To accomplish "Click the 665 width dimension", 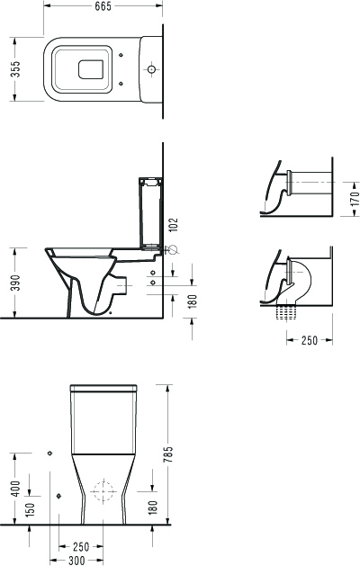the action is click(x=103, y=6).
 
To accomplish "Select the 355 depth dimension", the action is click(x=15, y=69).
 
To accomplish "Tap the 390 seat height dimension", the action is click(x=15, y=283).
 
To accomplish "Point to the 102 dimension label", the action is click(x=174, y=226).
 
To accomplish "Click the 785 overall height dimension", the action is click(x=168, y=454).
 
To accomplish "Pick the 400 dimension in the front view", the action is click(x=16, y=489).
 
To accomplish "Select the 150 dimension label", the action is click(x=31, y=508).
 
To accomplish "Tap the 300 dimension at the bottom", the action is click(x=76, y=561).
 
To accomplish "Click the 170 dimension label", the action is click(x=355, y=198).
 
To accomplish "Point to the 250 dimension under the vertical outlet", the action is click(x=310, y=340).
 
